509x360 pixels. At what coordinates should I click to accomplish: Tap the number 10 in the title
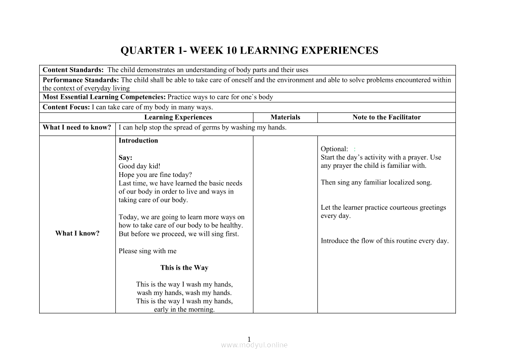(x=231, y=51)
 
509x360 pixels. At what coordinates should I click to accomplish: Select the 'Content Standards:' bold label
(x=73, y=70)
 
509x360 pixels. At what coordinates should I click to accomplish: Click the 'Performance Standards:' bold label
(x=81, y=80)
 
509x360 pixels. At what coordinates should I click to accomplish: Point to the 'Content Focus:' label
(x=66, y=107)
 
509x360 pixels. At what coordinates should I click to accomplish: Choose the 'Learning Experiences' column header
(x=178, y=117)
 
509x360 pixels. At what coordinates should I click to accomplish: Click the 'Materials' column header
(x=285, y=117)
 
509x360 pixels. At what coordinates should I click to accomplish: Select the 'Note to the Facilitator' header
(x=387, y=117)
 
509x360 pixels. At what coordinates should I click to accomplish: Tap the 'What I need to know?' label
(x=77, y=128)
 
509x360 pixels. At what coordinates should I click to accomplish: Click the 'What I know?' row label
(x=77, y=234)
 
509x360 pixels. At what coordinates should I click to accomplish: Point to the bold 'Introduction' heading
(x=138, y=141)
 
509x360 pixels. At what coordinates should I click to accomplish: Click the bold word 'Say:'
(x=125, y=158)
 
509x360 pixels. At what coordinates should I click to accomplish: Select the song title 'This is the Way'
(x=184, y=268)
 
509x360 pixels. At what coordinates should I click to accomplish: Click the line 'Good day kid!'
(x=139, y=166)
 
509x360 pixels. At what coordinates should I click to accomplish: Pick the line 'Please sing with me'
(x=148, y=251)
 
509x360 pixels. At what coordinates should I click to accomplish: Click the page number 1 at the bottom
(x=249, y=339)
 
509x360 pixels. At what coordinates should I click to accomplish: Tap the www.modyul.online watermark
(x=254, y=345)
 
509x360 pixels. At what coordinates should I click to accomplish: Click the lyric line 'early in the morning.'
(x=184, y=309)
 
